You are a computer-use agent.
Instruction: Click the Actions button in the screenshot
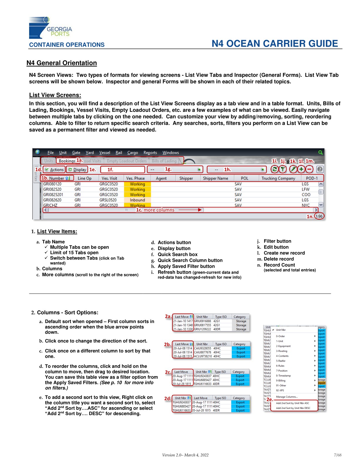click(54, 169)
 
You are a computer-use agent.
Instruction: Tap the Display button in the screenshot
click(77, 169)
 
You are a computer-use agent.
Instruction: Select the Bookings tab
click(67, 161)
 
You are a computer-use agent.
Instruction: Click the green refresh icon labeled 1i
click(274, 169)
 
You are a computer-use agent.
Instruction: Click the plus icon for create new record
click(301, 169)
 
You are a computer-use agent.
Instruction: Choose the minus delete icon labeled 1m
click(309, 169)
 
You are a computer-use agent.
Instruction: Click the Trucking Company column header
click(278, 178)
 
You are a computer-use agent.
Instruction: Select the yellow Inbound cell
click(137, 200)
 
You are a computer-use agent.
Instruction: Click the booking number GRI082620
click(52, 200)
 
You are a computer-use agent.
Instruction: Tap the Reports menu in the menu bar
click(150, 153)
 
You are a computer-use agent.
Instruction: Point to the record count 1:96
click(319, 216)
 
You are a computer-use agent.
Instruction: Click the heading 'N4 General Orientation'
click(61, 63)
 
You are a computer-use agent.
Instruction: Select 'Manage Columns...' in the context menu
click(287, 397)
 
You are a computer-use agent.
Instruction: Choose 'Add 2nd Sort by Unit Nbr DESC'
click(293, 408)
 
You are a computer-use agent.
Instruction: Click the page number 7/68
click(338, 455)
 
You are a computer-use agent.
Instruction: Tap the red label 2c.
click(168, 372)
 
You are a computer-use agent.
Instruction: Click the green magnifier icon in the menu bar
click(320, 152)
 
